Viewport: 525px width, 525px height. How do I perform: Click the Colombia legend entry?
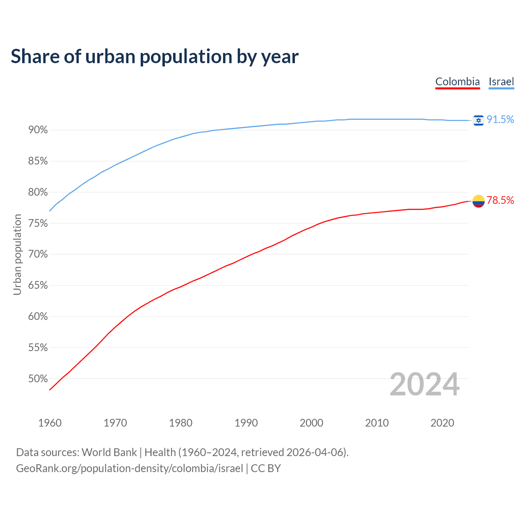coord(457,82)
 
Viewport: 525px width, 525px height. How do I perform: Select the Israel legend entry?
coord(501,82)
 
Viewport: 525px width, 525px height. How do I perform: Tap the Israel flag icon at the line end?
coord(478,120)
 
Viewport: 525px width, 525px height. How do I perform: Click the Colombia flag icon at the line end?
coord(478,201)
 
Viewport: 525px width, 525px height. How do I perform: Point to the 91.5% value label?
coord(500,119)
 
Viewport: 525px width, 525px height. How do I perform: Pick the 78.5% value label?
coord(500,200)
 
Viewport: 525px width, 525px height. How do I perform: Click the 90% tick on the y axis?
coord(38,130)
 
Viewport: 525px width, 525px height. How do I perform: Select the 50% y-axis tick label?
coord(38,379)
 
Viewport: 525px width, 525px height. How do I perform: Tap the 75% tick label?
coord(38,224)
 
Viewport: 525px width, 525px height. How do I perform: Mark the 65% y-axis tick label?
coord(38,285)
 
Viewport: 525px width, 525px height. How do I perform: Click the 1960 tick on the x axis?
coord(50,423)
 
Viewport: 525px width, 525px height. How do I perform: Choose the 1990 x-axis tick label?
coord(246,423)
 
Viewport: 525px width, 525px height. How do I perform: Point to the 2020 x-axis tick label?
coord(442,423)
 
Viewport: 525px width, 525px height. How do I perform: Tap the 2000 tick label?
coord(311,423)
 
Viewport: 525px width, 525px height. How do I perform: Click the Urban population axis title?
coord(17,254)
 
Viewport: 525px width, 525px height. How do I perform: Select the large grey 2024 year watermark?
coord(425,384)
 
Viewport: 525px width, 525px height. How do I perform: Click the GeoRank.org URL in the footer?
coord(129,468)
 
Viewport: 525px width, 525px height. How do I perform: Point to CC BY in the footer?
coord(266,468)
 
